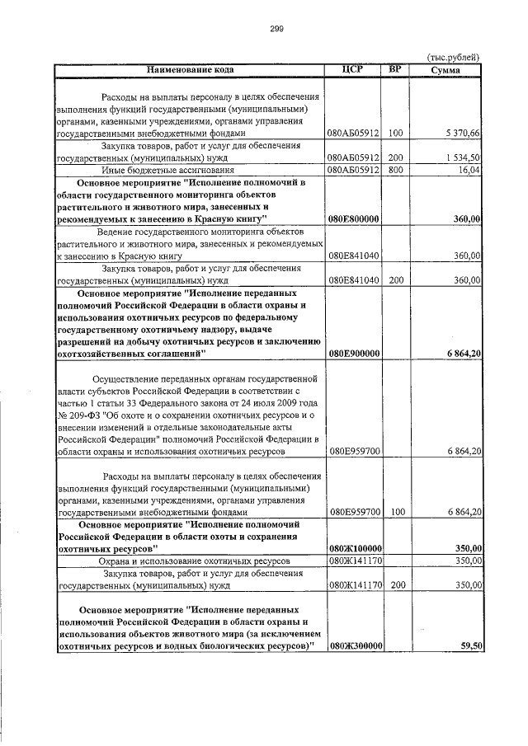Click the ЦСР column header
coord(352,68)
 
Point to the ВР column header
coord(395,68)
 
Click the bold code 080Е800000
coord(353,218)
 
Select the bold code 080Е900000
coord(353,354)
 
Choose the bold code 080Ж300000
coord(353,646)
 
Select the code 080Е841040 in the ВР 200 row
coord(353,280)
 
